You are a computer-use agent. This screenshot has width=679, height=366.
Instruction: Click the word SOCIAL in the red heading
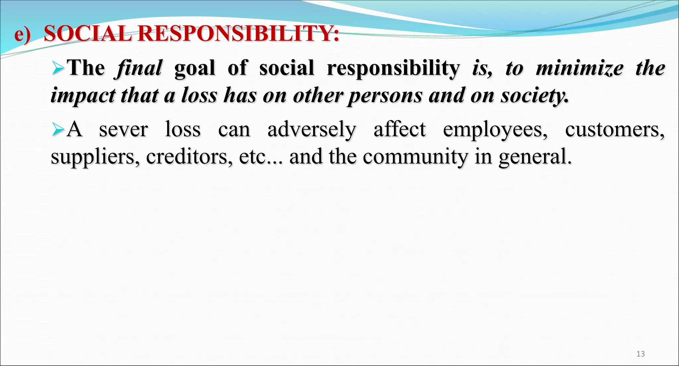(x=88, y=34)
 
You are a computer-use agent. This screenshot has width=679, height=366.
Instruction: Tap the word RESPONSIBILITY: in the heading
(x=238, y=34)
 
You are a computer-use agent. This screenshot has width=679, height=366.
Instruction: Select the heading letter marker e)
(x=23, y=34)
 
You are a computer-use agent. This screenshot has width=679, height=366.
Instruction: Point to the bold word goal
(x=195, y=68)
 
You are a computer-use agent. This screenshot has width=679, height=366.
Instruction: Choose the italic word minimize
(x=580, y=68)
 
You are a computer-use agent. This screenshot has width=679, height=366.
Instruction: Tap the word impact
(x=83, y=96)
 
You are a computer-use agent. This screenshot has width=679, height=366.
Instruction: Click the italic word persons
(x=385, y=96)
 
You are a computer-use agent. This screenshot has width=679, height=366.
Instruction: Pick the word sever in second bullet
(x=123, y=129)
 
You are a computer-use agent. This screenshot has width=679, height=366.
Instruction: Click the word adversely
(x=312, y=129)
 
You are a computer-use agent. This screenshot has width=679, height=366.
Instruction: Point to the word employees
(x=495, y=129)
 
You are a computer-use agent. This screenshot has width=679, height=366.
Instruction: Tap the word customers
(x=615, y=129)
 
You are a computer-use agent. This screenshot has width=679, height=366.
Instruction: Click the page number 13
(x=641, y=354)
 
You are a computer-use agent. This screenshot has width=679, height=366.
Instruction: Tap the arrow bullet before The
(x=58, y=69)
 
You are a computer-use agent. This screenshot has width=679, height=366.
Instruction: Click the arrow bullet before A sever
(x=58, y=130)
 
